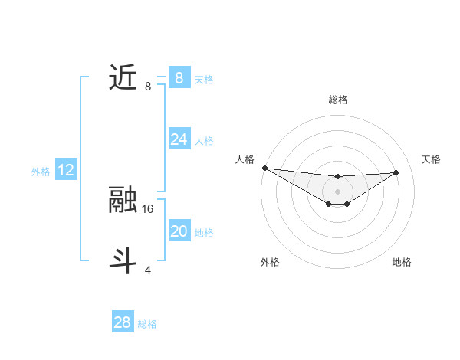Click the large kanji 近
click(123, 77)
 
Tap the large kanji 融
click(123, 200)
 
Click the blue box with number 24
click(179, 139)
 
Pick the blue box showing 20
click(179, 231)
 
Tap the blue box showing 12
click(66, 170)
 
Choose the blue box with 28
click(123, 322)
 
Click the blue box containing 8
click(179, 77)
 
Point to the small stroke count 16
click(149, 208)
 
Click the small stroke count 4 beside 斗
click(148, 270)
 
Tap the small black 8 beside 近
click(148, 87)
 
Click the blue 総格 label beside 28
click(148, 324)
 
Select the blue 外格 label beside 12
click(41, 172)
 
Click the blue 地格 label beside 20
click(205, 233)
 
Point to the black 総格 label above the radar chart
click(337, 100)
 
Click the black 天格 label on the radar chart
click(431, 159)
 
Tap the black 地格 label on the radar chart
click(402, 263)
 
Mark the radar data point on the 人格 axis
click(264, 168)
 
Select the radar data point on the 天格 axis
click(396, 172)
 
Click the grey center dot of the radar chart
click(337, 191)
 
